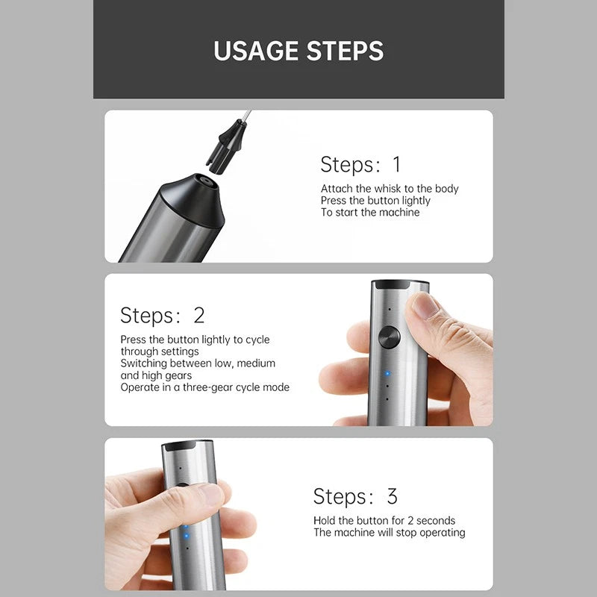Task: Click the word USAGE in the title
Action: click(254, 51)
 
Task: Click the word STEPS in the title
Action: click(344, 51)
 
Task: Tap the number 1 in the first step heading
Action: click(396, 164)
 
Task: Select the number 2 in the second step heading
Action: click(199, 315)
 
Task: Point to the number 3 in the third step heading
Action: click(392, 496)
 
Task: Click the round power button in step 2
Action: click(388, 337)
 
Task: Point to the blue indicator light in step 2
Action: click(387, 374)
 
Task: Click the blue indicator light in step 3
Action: click(186, 534)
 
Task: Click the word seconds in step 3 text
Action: click(435, 521)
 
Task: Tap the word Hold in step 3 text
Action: click(325, 521)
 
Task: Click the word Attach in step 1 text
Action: click(336, 189)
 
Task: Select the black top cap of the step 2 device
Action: click(399, 285)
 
